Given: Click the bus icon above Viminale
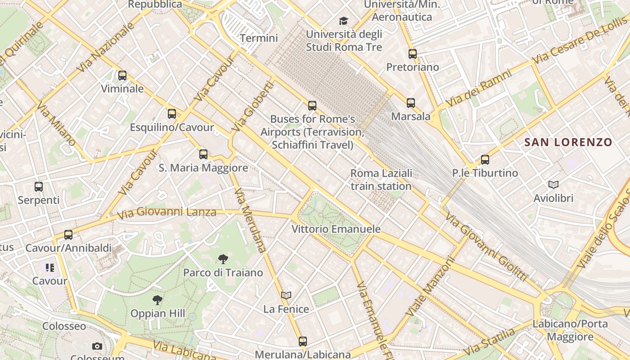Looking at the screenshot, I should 122,76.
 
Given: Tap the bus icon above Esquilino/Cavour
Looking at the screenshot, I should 172,114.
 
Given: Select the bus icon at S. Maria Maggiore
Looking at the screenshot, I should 203,154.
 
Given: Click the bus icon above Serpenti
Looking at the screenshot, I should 39,186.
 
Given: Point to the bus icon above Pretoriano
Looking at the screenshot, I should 413,54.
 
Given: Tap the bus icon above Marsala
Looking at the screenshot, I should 411,103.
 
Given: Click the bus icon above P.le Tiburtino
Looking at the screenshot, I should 485,160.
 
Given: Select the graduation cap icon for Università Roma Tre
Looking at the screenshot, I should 344,21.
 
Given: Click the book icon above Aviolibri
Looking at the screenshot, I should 553,184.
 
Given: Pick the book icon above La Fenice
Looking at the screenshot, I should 286,296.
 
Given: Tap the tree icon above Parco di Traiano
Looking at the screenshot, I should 223,259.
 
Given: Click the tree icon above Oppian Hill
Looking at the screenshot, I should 157,300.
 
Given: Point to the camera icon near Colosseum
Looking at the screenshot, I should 97,346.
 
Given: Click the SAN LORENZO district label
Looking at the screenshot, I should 568,143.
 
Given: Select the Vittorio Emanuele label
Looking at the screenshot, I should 336,229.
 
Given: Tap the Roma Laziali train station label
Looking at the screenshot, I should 381,180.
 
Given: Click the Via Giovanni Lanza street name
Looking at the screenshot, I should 166,212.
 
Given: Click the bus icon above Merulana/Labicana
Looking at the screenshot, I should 303,342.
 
